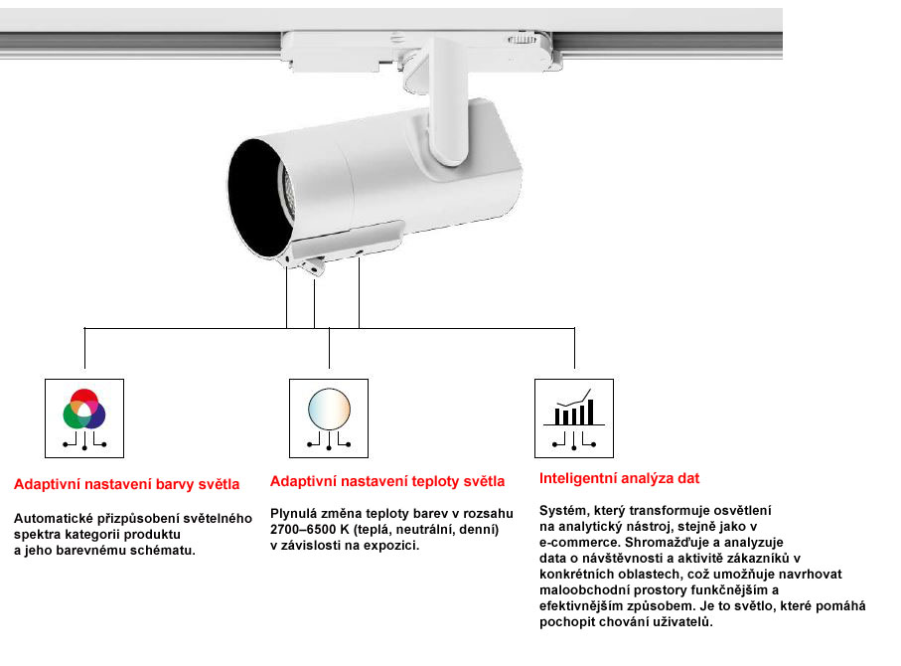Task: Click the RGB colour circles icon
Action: click(x=84, y=409)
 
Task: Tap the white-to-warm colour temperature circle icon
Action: click(x=329, y=409)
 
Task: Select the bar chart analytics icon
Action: click(x=574, y=409)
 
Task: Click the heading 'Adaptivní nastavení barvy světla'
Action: click(x=126, y=485)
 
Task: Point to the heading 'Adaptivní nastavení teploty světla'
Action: click(x=387, y=482)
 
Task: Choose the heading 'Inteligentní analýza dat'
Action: click(x=620, y=478)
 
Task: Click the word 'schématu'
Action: click(x=164, y=550)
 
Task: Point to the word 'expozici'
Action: click(x=393, y=546)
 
